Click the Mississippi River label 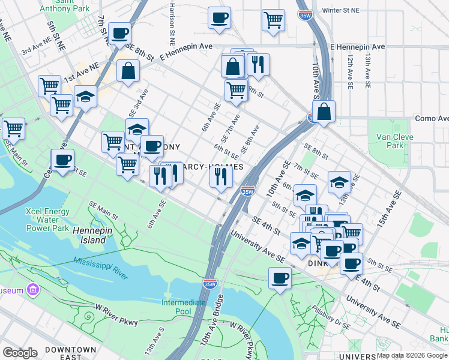pyautogui.click(x=101, y=268)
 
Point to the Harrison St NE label pyautogui.click(x=172, y=24)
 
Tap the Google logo pyautogui.click(x=20, y=353)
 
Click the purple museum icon pyautogui.click(x=33, y=290)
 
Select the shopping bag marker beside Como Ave pyautogui.click(x=324, y=111)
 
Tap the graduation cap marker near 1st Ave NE pyautogui.click(x=85, y=96)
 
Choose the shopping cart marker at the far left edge pyautogui.click(x=13, y=128)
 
